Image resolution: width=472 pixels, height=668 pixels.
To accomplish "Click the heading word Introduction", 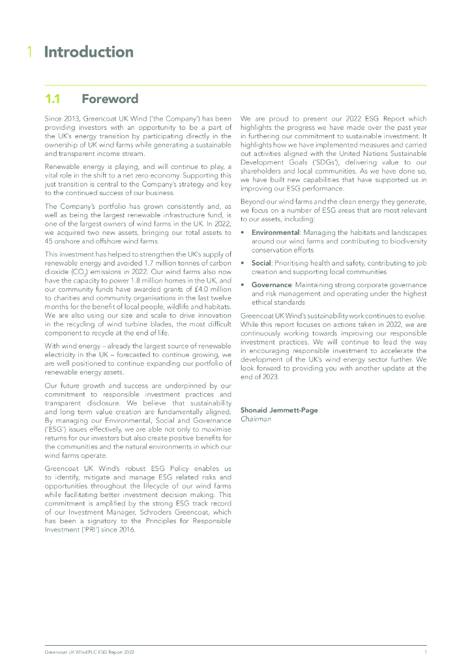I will (x=89, y=52).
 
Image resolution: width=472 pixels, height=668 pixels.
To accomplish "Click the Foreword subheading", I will (x=110, y=99).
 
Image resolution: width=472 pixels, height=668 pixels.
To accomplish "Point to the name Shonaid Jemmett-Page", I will (x=278, y=410).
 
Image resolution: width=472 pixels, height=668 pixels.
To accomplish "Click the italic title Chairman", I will (x=256, y=419).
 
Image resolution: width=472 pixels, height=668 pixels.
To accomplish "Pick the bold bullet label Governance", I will (x=273, y=284).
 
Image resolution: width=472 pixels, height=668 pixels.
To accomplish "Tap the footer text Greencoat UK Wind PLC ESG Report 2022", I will (x=89, y=652).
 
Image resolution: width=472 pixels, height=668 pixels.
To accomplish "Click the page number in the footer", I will (x=425, y=652).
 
